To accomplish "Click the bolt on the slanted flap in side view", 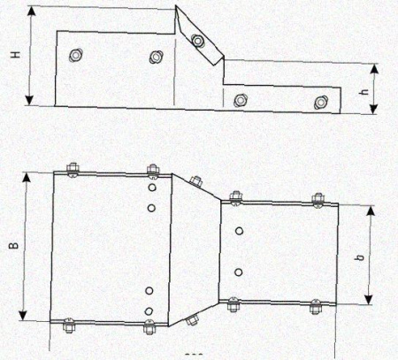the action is tap(197, 41).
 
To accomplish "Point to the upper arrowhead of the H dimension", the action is tap(32, 11).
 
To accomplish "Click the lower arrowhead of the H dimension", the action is tap(29, 100).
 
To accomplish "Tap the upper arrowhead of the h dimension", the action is tap(374, 69).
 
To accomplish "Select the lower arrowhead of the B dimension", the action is tap(23, 315).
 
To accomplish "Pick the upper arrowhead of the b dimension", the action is tap(371, 211).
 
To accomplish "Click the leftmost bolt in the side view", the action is tap(76, 55).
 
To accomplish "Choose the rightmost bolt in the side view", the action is tap(320, 103).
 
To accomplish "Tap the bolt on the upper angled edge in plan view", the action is tap(196, 181).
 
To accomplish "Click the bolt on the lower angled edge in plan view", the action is tap(192, 319).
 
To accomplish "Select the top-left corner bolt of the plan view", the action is tap(73, 171).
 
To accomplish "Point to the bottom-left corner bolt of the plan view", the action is tap(69, 326).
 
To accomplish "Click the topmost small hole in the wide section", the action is tap(152, 188).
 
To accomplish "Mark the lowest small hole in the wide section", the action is tap(149, 311).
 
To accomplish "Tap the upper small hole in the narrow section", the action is tap(240, 231).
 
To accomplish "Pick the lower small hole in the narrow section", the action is tap(239, 272).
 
